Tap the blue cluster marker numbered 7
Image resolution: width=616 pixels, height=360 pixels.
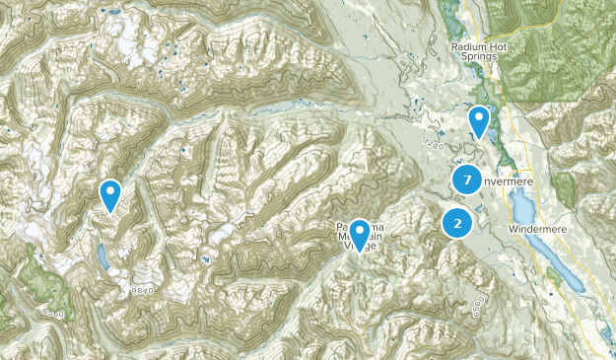tap(466, 180)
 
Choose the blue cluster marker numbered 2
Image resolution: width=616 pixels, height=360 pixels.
tap(456, 223)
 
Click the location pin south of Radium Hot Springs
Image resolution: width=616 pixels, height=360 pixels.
tap(479, 121)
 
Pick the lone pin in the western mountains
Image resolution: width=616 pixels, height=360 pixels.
tap(110, 194)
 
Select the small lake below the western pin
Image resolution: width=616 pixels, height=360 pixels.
tap(103, 258)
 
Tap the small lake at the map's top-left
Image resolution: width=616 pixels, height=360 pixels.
tap(112, 13)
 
